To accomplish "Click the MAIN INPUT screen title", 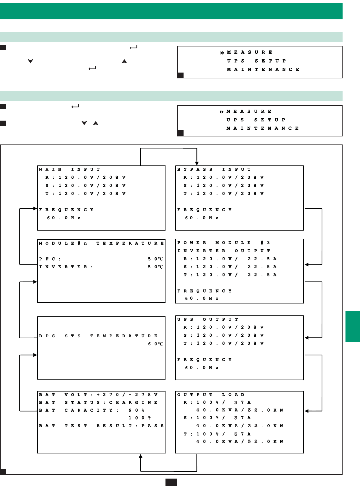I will pos(69,169).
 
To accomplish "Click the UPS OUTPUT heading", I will pos(207,319).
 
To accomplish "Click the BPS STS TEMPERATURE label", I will pos(98,336).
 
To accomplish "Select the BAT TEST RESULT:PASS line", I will pos(101,426).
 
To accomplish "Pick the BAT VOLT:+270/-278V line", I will pos(98,395).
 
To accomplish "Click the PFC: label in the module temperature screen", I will pos(50,259).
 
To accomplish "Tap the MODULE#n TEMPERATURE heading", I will pos(101,243).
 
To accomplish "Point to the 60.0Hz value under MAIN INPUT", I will pos(64,218).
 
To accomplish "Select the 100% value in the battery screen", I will pos(140,418).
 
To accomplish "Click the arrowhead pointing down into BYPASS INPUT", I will pos(197,164).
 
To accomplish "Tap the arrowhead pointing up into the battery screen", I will pos(141,456).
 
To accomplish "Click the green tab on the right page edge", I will pos(353,326).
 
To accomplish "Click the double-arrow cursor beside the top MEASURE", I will pos(222,53).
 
